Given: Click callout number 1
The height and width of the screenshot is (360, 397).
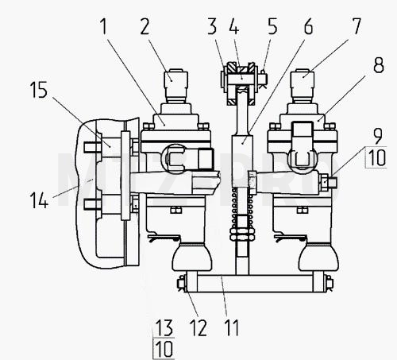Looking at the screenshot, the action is coord(104,26).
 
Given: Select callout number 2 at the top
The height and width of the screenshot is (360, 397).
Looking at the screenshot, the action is coord(145,26).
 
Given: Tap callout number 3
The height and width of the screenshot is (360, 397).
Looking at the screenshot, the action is coord(212,26).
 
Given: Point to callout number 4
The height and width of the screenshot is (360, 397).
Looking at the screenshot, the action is coord(233,26).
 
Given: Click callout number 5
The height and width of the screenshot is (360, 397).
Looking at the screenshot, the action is coord(272,26).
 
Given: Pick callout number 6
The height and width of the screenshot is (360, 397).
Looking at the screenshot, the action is coord(308,26).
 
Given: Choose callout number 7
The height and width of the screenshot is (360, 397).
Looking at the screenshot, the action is coord(357,26).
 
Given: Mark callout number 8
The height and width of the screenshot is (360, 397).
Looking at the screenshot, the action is coord(379,65).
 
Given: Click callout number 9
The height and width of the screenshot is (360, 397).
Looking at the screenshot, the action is coord(378,136).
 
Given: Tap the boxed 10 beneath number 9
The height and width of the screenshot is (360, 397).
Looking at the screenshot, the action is coord(377,157).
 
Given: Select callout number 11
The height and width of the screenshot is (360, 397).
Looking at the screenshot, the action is coord(232,327).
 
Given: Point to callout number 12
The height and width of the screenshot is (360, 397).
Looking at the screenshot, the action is coord(198,327).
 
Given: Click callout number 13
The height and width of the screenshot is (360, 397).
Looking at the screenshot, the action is coord(164,327).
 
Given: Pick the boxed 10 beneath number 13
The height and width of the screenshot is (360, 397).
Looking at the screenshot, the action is coord(164,349).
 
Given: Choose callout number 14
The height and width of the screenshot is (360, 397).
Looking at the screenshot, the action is coord(39,200).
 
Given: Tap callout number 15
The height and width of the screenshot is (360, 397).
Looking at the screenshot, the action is coord(39,90).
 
